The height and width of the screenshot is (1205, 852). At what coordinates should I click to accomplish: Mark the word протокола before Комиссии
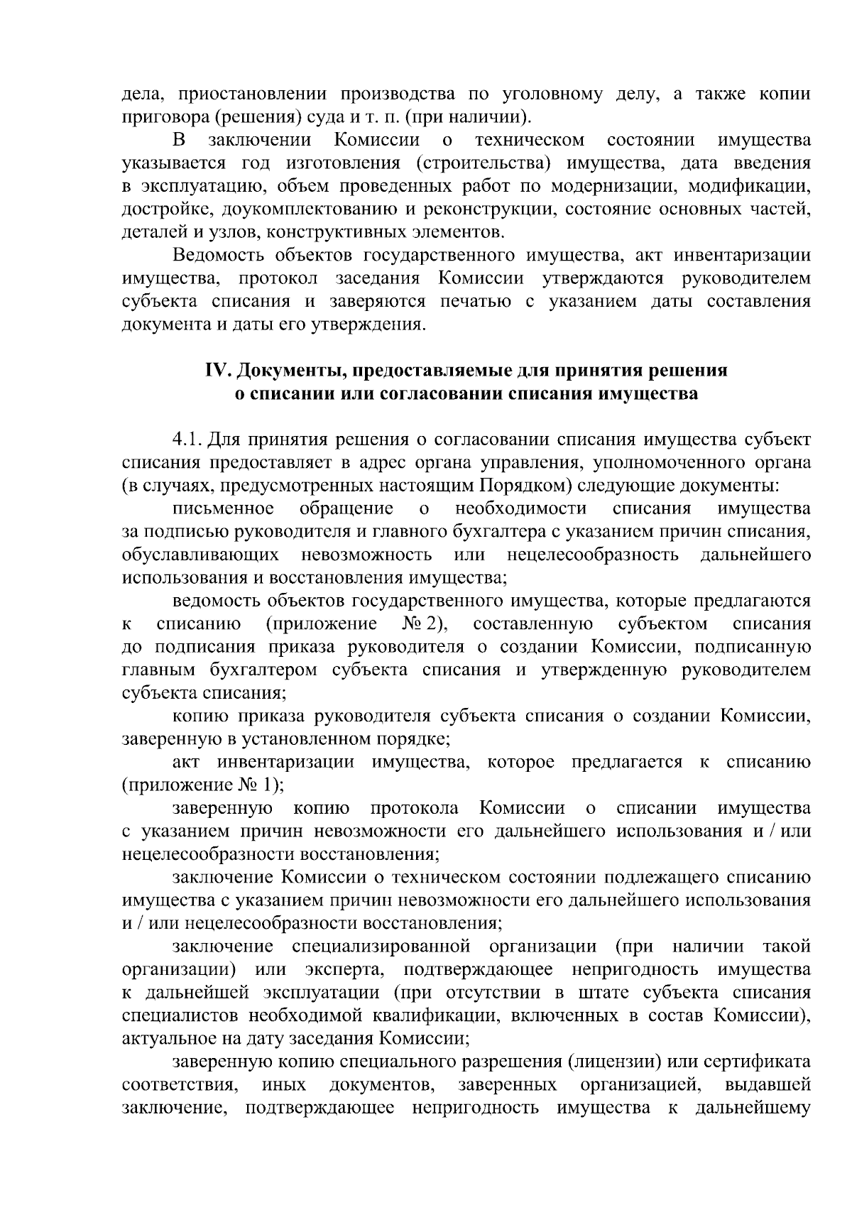point(414,808)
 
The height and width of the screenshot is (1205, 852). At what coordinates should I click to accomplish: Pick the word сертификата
point(756,1062)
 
